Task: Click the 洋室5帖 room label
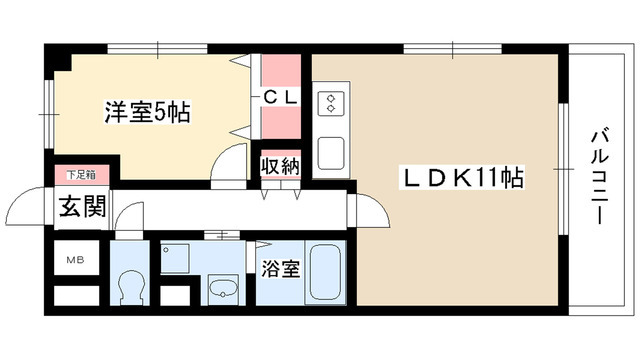(x=147, y=113)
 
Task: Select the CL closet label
(x=280, y=98)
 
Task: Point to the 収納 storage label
(x=280, y=166)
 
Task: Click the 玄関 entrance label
(x=83, y=207)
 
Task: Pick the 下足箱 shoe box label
(x=82, y=175)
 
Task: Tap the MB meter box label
(x=76, y=260)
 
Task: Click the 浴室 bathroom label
(x=280, y=269)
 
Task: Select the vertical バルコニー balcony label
(x=600, y=176)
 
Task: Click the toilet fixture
(x=131, y=287)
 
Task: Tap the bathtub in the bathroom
(x=326, y=272)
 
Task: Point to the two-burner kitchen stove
(x=331, y=102)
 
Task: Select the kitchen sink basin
(x=331, y=153)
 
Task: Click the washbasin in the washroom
(x=223, y=288)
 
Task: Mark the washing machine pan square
(x=175, y=258)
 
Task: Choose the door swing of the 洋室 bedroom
(x=229, y=162)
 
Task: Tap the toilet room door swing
(x=129, y=216)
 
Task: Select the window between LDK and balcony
(x=563, y=169)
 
